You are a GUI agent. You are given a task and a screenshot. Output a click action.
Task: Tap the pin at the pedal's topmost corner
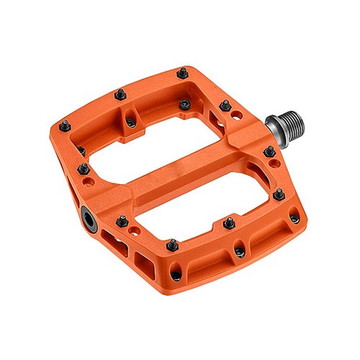[x=183, y=72]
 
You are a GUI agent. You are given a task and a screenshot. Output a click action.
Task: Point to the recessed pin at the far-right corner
[x=294, y=214]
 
